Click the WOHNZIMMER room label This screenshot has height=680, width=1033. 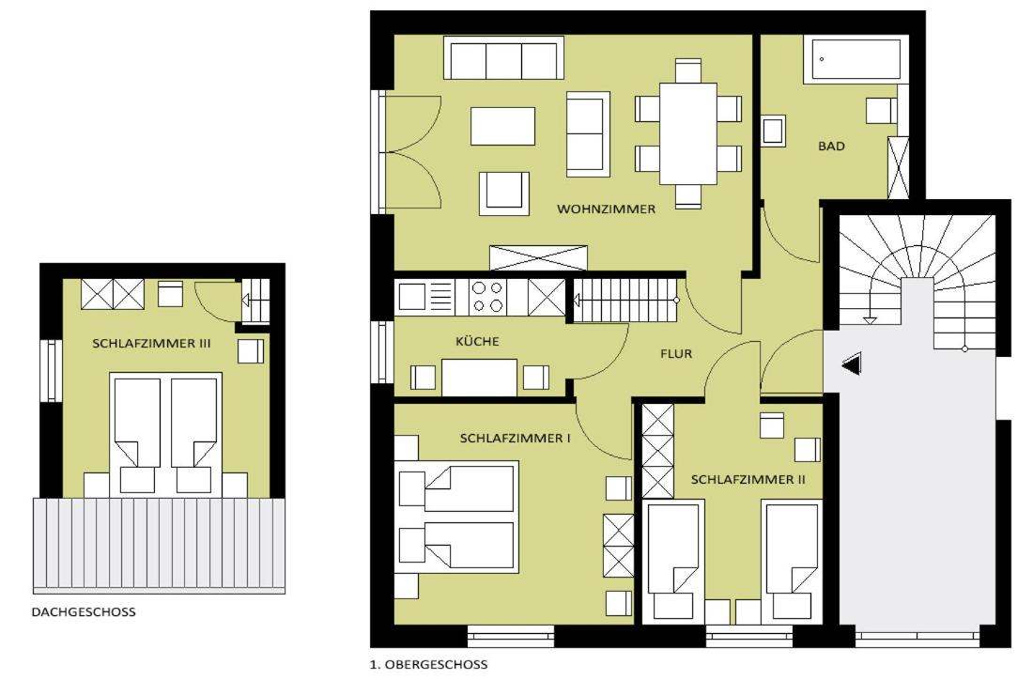[606, 209]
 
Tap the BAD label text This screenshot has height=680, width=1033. [831, 147]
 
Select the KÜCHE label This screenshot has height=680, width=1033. [477, 341]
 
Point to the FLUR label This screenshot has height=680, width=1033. [676, 354]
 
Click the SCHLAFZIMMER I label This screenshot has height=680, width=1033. [516, 439]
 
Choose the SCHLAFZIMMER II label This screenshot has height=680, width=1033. [748, 480]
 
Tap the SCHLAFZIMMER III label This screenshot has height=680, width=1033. [151, 344]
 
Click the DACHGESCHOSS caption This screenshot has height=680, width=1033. [84, 612]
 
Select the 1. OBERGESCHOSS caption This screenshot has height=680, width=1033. [429, 665]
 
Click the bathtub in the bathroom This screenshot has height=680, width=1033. [856, 59]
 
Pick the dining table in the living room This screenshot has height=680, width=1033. [688, 133]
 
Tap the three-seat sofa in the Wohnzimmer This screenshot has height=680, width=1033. [504, 58]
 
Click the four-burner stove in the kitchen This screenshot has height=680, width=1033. [488, 297]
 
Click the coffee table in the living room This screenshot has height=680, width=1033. [502, 126]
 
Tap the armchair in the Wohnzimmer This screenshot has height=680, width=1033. [504, 193]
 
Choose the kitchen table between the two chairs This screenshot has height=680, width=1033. [479, 378]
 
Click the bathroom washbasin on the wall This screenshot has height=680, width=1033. [774, 131]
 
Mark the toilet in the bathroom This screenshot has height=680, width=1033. [881, 110]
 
